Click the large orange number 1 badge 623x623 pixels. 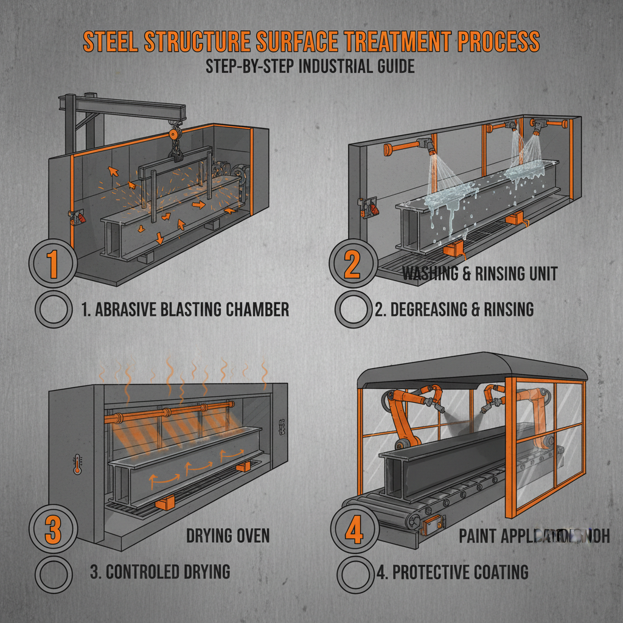(52, 262)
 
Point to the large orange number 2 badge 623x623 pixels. (352, 262)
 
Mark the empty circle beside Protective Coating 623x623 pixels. (354, 573)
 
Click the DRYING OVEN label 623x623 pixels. (228, 536)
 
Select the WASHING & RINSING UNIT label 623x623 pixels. (479, 274)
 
